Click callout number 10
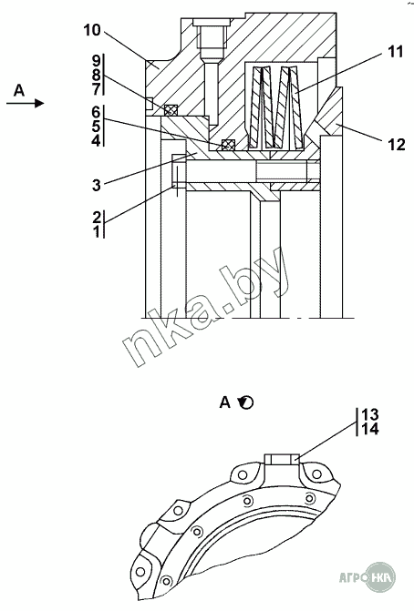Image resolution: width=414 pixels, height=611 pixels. point(92,30)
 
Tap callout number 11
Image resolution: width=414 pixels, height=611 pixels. point(395,51)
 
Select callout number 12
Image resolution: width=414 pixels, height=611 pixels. point(397,145)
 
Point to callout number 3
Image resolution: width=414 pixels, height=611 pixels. point(97,185)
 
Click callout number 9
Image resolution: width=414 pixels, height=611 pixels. point(97,61)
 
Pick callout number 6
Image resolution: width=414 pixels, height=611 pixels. point(96,112)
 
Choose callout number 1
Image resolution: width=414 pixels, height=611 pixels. point(97,232)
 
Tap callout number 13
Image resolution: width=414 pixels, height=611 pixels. point(370,413)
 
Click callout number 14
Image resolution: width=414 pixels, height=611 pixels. point(370,430)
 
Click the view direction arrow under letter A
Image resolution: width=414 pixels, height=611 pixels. point(26,103)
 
